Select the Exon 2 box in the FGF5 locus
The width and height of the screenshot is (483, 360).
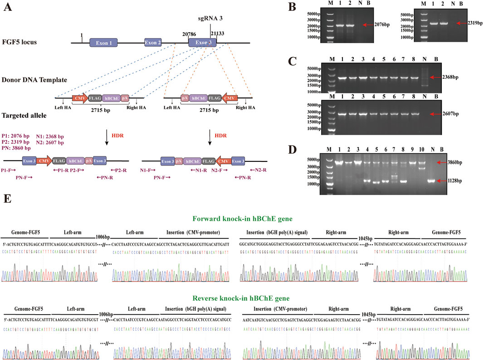tap(153, 43)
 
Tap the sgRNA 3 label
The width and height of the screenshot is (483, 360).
tap(210, 19)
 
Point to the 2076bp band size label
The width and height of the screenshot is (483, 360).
tap(384, 25)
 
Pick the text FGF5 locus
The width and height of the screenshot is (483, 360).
tap(25, 43)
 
